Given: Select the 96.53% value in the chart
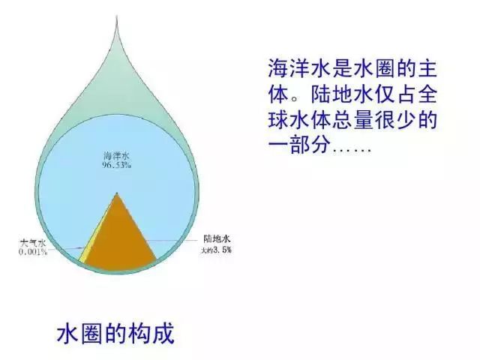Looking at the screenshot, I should pyautogui.click(x=117, y=164).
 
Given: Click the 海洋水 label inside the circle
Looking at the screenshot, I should pyautogui.click(x=117, y=155).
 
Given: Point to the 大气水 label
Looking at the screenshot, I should pyautogui.click(x=33, y=243).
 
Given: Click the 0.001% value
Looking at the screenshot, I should pyautogui.click(x=33, y=252).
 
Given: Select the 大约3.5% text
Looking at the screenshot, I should pyautogui.click(x=215, y=248).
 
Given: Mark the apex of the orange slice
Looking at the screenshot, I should pyautogui.click(x=117, y=194).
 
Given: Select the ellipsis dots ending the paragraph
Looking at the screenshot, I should pyautogui.click(x=352, y=145).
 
